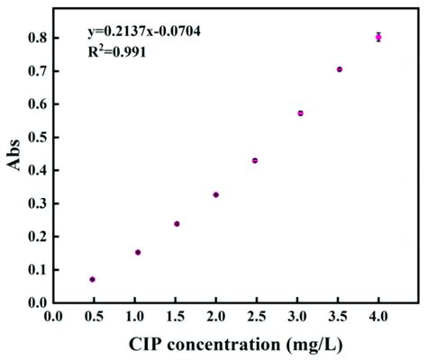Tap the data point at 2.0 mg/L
click(216, 194)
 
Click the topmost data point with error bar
click(378, 37)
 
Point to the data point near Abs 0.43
click(255, 160)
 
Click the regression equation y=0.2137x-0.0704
click(143, 32)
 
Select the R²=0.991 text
click(116, 51)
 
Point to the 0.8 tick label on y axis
click(37, 38)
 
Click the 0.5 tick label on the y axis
click(37, 137)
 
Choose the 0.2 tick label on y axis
click(37, 236)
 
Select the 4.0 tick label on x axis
click(378, 316)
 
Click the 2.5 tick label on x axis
click(256, 316)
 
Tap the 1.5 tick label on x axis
click(175, 316)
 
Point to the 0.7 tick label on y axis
click(37, 71)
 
